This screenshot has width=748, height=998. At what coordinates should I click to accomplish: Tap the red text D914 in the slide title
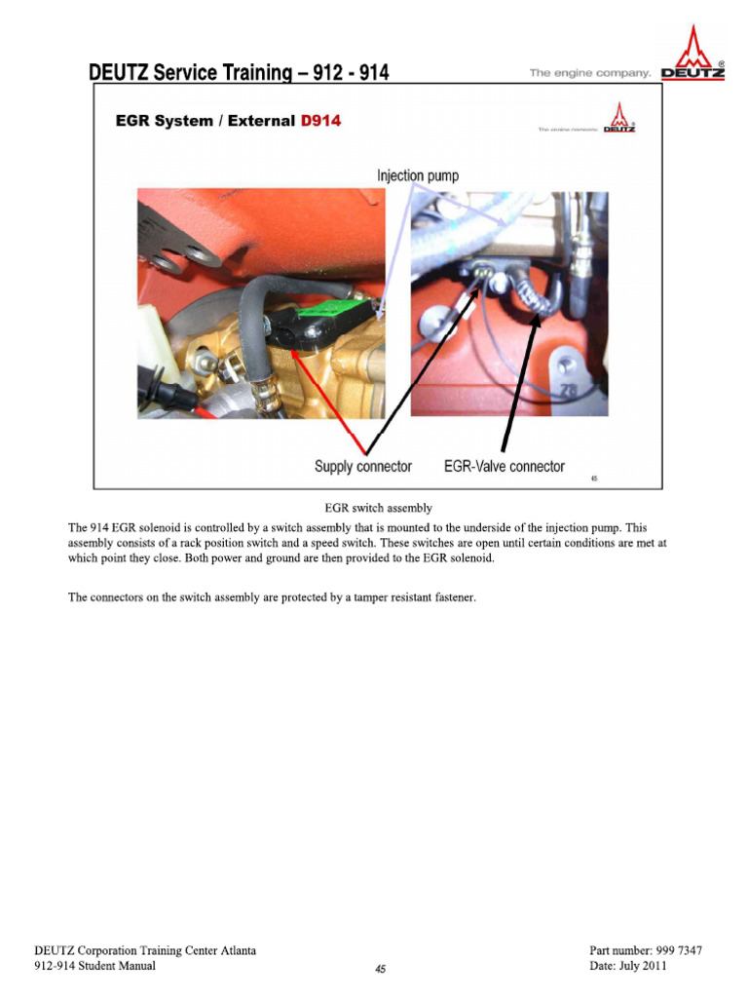321,121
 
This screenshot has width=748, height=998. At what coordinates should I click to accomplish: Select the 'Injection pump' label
418,175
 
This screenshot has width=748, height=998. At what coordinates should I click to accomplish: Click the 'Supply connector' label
362,466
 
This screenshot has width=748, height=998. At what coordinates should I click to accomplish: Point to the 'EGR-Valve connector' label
504,466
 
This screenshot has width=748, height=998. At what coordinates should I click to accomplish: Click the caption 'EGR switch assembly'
378,508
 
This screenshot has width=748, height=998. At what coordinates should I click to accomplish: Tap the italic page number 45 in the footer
380,969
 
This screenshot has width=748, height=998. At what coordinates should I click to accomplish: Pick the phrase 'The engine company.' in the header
589,73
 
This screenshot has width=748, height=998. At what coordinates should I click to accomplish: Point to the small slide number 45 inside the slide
594,479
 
